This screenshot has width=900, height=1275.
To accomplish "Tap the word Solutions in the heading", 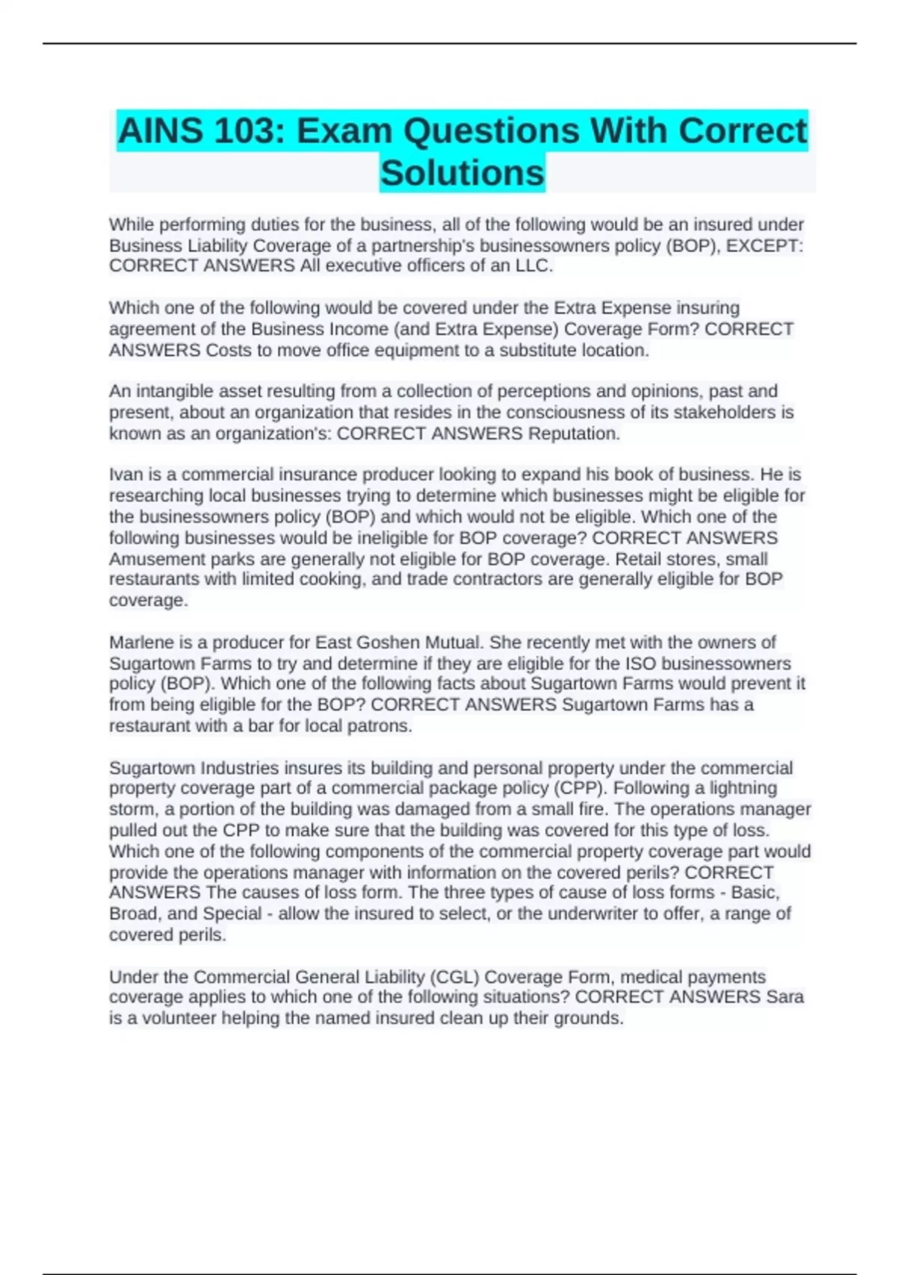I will coord(462,172).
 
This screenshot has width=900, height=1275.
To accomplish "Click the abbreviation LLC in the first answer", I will coord(533,266).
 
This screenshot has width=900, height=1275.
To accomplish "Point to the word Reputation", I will coord(574,433).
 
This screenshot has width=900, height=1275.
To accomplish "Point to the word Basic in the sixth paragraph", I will coord(754,892).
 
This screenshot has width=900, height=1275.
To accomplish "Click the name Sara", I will coord(784,997).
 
